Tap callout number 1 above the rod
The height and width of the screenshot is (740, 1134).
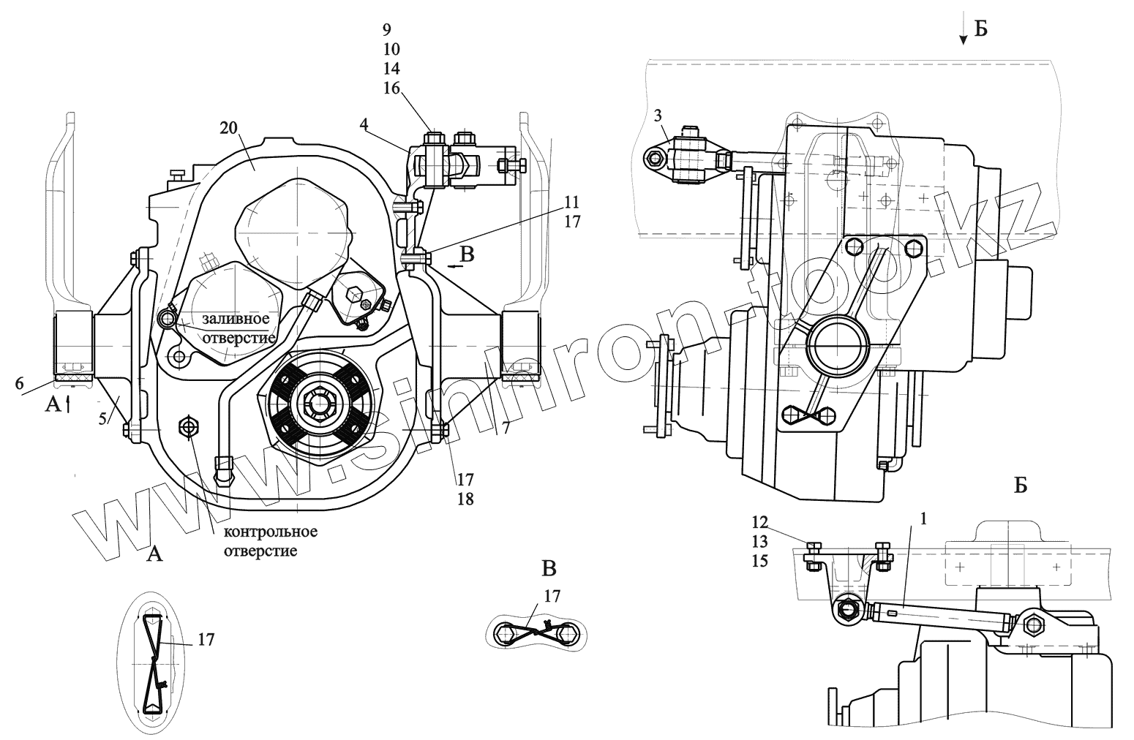coord(924,518)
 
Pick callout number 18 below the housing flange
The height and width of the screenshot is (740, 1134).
coord(466,499)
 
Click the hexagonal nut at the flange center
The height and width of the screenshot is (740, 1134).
coord(319,402)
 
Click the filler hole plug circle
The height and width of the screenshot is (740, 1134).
coord(167,317)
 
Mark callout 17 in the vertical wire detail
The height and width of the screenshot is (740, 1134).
coord(206,640)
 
